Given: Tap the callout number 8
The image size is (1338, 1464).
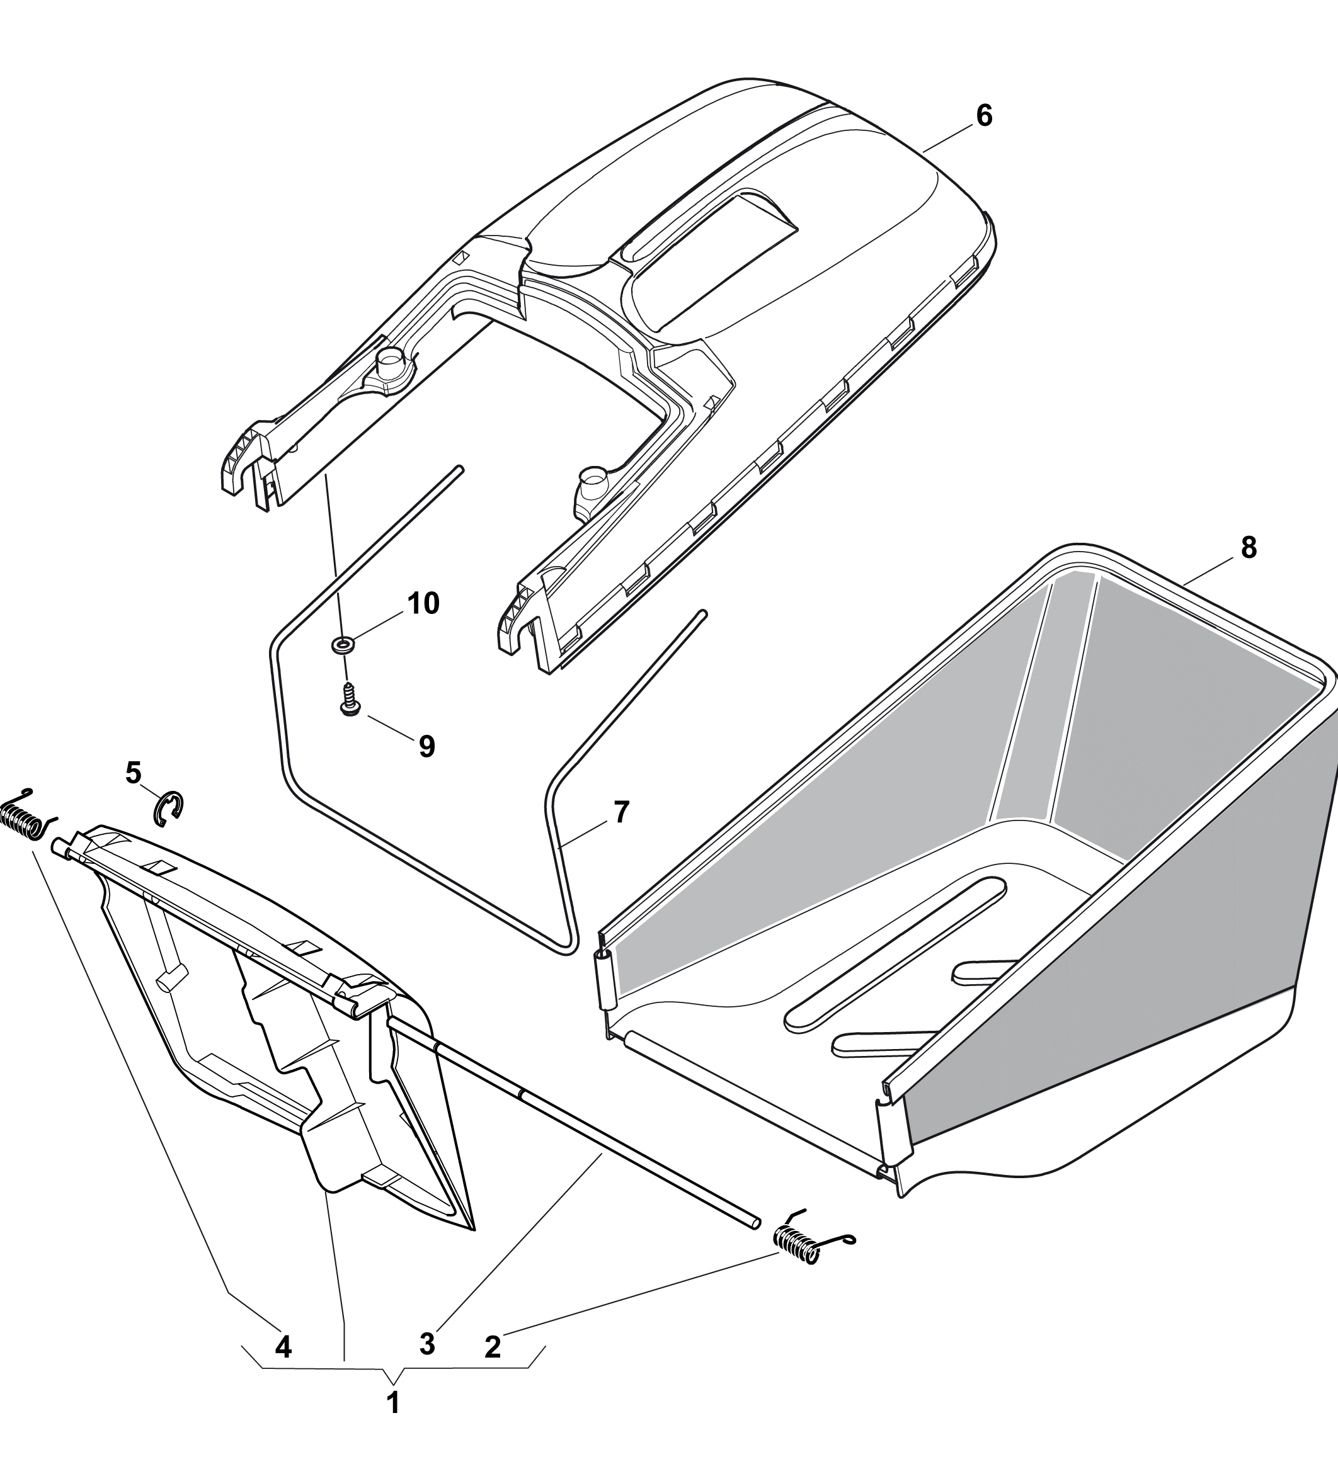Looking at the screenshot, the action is [1249, 548].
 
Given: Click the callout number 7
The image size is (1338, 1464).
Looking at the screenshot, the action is [621, 812].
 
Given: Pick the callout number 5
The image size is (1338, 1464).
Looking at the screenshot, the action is [133, 773].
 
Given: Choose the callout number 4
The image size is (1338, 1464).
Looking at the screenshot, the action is [283, 1348].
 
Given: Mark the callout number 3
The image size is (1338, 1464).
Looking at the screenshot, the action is [427, 1344].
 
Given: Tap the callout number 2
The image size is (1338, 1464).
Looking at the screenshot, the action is [493, 1348].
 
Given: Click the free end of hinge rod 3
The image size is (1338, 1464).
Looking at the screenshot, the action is [757, 1222].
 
